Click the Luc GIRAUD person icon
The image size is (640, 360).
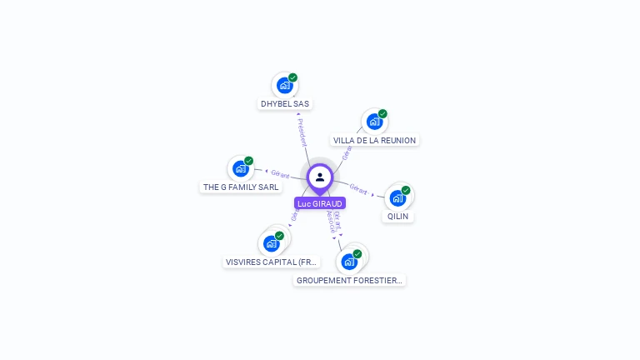point(320,177)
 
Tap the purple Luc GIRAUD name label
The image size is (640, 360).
point(320,203)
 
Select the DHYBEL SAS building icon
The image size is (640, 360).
point(285,85)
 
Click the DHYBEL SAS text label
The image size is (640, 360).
point(285,104)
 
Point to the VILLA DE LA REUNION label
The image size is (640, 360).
point(374,141)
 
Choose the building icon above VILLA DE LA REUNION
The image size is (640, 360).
point(374,122)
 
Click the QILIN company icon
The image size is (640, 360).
point(397,197)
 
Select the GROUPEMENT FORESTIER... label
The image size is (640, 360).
point(350,281)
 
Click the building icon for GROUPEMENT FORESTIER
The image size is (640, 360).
point(349,262)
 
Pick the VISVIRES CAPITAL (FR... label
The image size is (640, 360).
point(272,262)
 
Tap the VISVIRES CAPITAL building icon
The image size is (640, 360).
point(271,243)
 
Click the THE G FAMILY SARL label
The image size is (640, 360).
point(241,187)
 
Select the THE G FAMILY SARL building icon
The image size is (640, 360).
point(241,168)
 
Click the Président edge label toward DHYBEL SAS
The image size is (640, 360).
point(302,132)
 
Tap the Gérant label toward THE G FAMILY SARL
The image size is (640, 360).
point(280,174)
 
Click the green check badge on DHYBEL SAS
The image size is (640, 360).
point(293,77)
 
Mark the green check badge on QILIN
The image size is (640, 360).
point(406,190)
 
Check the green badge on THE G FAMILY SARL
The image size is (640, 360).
point(248,161)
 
